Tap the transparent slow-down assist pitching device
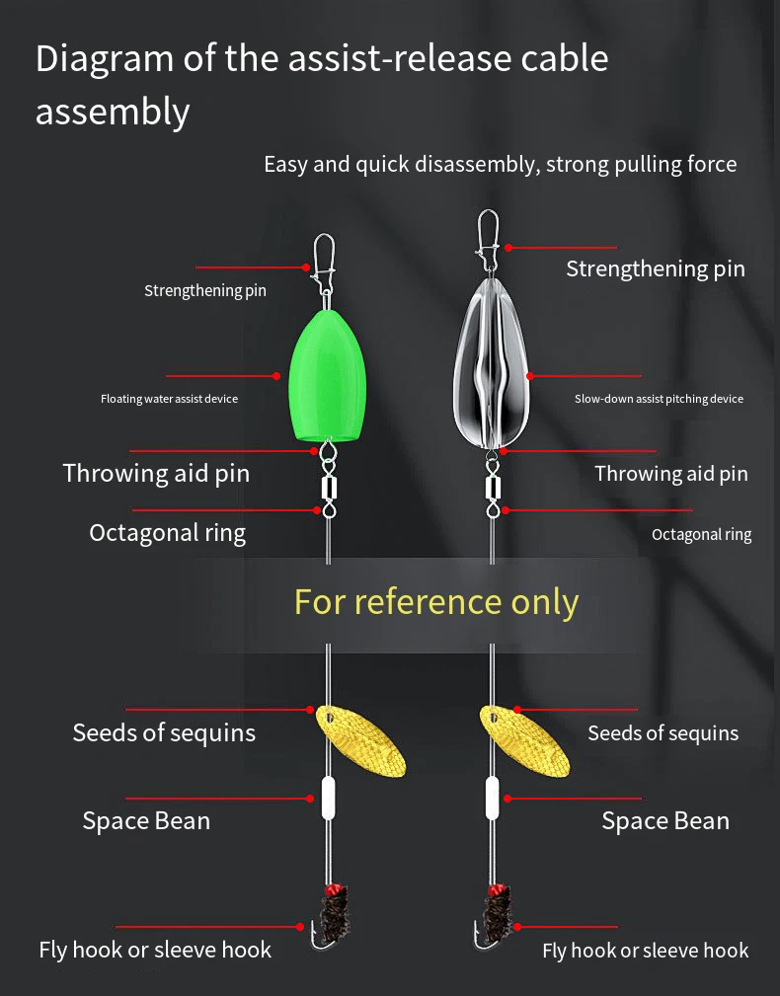(491, 363)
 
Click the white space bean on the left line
(328, 798)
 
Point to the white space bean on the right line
(492, 798)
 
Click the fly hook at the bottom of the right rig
(494, 916)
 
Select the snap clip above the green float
(323, 263)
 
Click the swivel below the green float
(329, 480)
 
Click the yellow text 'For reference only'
(436, 602)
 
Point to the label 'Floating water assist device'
(169, 399)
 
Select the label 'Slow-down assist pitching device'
(659, 399)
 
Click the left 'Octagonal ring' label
(168, 533)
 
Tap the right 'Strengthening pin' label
(656, 268)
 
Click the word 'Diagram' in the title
(105, 60)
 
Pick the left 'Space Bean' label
(146, 820)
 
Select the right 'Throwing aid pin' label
(671, 474)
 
